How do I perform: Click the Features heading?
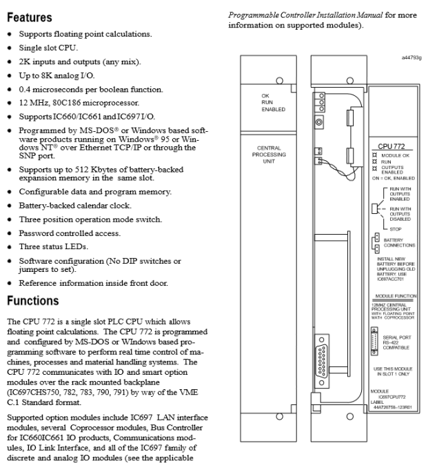tap(30, 15)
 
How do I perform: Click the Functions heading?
tap(34, 301)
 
